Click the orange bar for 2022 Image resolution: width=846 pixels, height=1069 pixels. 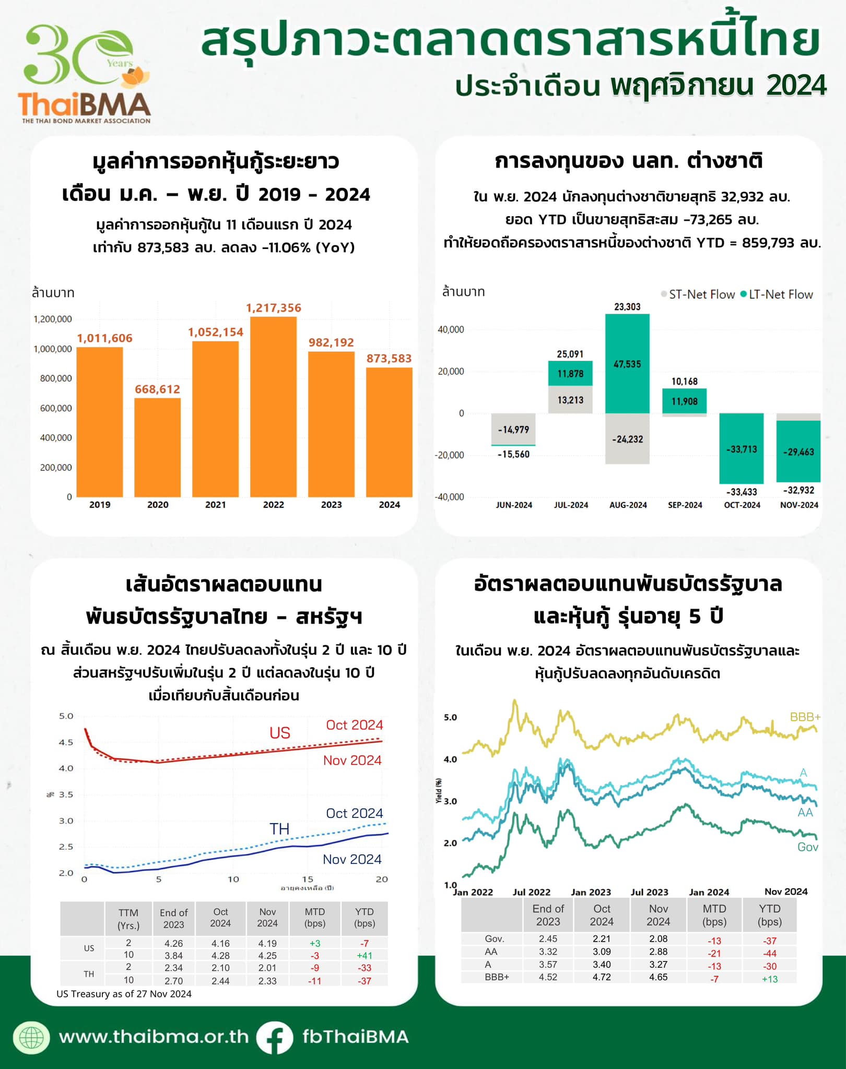point(273,407)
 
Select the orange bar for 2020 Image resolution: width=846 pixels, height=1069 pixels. point(157,447)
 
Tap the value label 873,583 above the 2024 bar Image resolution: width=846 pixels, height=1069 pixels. point(389,359)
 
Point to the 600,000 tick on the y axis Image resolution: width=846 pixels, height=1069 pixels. point(56,408)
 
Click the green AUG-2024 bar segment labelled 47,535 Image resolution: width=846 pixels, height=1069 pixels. point(627,364)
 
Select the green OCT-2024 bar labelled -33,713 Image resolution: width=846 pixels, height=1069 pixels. point(741,449)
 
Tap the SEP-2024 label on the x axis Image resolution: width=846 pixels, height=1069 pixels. point(685,505)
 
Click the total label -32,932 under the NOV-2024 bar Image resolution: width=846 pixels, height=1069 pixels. point(798,490)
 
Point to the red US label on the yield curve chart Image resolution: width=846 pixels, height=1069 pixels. point(280,733)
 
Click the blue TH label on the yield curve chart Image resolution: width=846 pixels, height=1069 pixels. point(279,829)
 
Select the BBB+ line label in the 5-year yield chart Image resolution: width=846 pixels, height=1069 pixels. point(805,717)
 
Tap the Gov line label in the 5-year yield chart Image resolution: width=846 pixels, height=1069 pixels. point(807,847)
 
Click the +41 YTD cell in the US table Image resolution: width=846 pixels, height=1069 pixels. point(364,955)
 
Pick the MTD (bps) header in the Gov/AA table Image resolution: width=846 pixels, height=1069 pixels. point(714,915)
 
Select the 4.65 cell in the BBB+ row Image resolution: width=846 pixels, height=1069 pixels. point(658,977)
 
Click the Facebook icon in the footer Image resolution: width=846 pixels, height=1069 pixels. point(274,1037)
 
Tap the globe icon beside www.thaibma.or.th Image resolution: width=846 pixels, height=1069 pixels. point(32,1037)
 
